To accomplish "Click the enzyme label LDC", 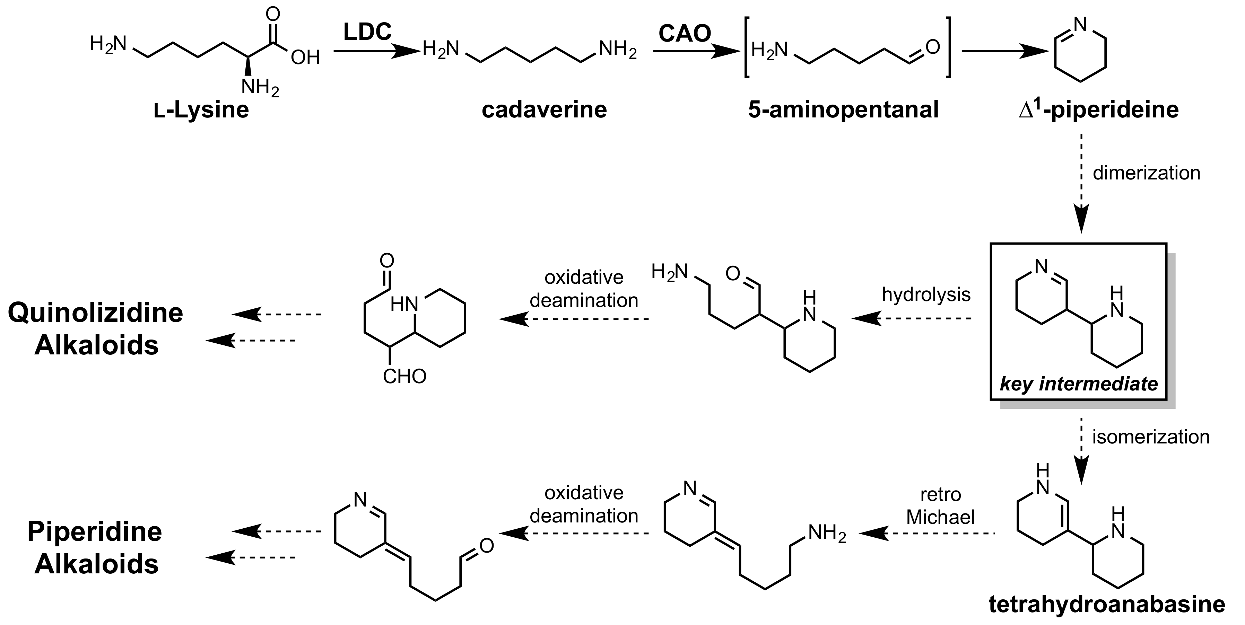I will pos(367,32).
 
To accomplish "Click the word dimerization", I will pos(1147,173).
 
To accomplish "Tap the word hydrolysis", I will pos(926,294).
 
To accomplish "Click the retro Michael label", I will pos(940,506).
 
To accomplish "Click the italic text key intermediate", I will pos(1079,384).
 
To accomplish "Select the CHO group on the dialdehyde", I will pos(404,377).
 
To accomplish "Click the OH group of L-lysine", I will pos(305,58).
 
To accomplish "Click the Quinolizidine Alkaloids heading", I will pos(96,329).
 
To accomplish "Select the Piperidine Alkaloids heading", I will pos(95,548).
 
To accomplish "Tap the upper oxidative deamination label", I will pos(584,289).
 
